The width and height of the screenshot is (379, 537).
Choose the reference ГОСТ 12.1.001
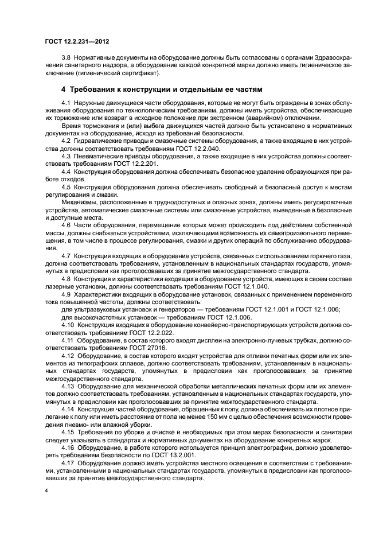(x=258, y=310)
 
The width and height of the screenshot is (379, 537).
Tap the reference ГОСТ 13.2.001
(x=149, y=456)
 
